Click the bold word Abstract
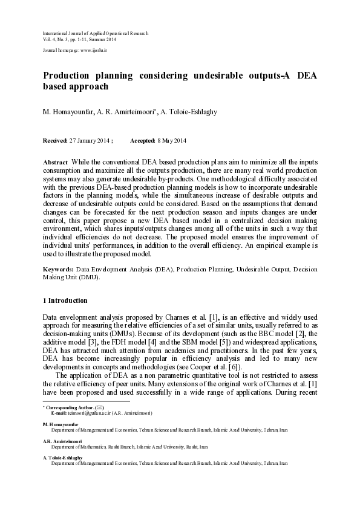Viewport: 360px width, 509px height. click(x=55, y=163)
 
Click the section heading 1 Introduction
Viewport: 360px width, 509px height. click(x=65, y=300)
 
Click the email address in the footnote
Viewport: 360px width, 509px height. click(x=77, y=413)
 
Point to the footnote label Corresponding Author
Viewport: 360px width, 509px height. click(x=73, y=407)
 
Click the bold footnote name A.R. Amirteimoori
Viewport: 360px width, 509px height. click(x=61, y=441)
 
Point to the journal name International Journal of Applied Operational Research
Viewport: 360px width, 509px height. click(x=95, y=33)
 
